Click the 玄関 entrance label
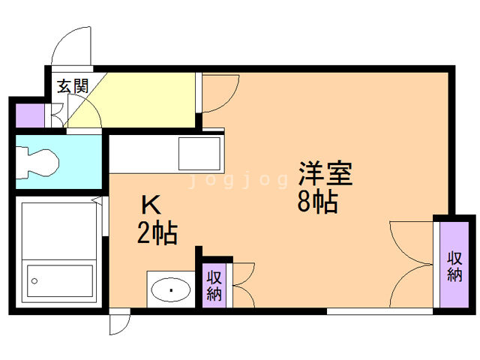coord(73,85)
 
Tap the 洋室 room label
coord(325,174)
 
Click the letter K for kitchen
coord(151,205)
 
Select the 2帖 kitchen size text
coord(157,234)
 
